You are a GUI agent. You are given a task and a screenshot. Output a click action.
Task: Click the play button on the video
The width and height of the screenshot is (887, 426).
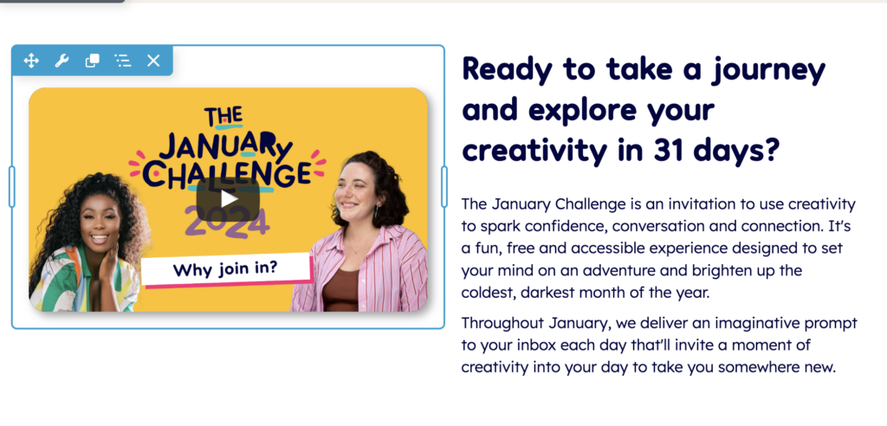pyautogui.click(x=228, y=198)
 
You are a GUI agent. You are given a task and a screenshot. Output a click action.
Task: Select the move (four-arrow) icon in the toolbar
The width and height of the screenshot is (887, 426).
pyautogui.click(x=31, y=61)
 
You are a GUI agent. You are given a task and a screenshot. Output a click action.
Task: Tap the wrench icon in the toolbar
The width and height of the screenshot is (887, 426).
pyautogui.click(x=62, y=61)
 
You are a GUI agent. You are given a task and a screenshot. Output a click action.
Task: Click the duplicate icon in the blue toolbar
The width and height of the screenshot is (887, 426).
pyautogui.click(x=92, y=61)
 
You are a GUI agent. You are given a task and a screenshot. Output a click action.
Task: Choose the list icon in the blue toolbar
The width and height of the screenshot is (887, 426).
pyautogui.click(x=123, y=61)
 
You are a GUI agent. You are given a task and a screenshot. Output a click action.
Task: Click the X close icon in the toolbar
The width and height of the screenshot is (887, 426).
pyautogui.click(x=153, y=61)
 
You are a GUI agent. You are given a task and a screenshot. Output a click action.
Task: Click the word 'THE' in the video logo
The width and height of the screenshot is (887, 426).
pyautogui.click(x=223, y=117)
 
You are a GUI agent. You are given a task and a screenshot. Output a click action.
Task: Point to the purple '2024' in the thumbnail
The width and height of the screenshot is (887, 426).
pyautogui.click(x=227, y=222)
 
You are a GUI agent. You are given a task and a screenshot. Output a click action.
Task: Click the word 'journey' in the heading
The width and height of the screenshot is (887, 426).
pyautogui.click(x=768, y=69)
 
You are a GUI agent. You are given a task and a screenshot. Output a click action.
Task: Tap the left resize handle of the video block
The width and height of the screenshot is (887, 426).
pyautogui.click(x=12, y=187)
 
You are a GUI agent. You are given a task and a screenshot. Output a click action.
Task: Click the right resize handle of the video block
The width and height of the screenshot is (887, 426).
pyautogui.click(x=444, y=187)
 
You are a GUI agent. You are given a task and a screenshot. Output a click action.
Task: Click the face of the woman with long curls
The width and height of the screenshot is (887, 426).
pyautogui.click(x=100, y=221)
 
